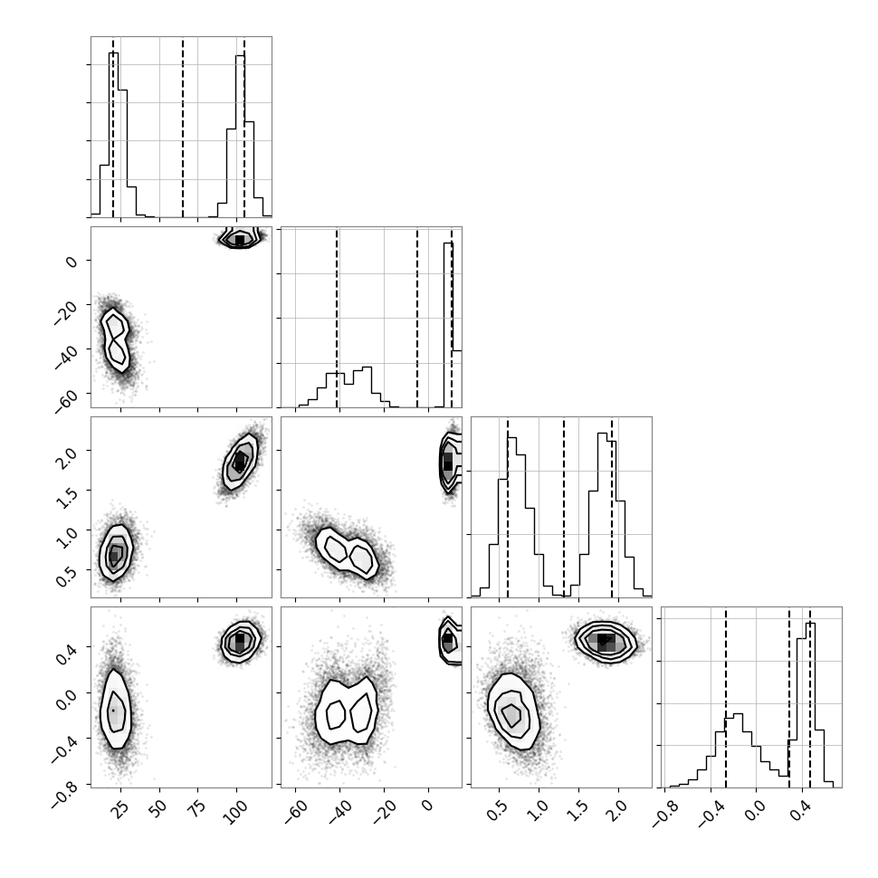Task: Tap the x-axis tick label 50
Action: click(x=157, y=810)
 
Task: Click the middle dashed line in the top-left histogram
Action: click(x=183, y=127)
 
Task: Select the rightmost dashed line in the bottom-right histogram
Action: click(x=810, y=697)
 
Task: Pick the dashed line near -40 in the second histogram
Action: click(x=337, y=318)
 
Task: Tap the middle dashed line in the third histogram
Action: click(x=563, y=507)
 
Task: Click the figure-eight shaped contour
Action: click(x=115, y=339)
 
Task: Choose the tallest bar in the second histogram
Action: click(x=448, y=325)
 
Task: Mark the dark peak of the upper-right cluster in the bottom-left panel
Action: click(x=240, y=638)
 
